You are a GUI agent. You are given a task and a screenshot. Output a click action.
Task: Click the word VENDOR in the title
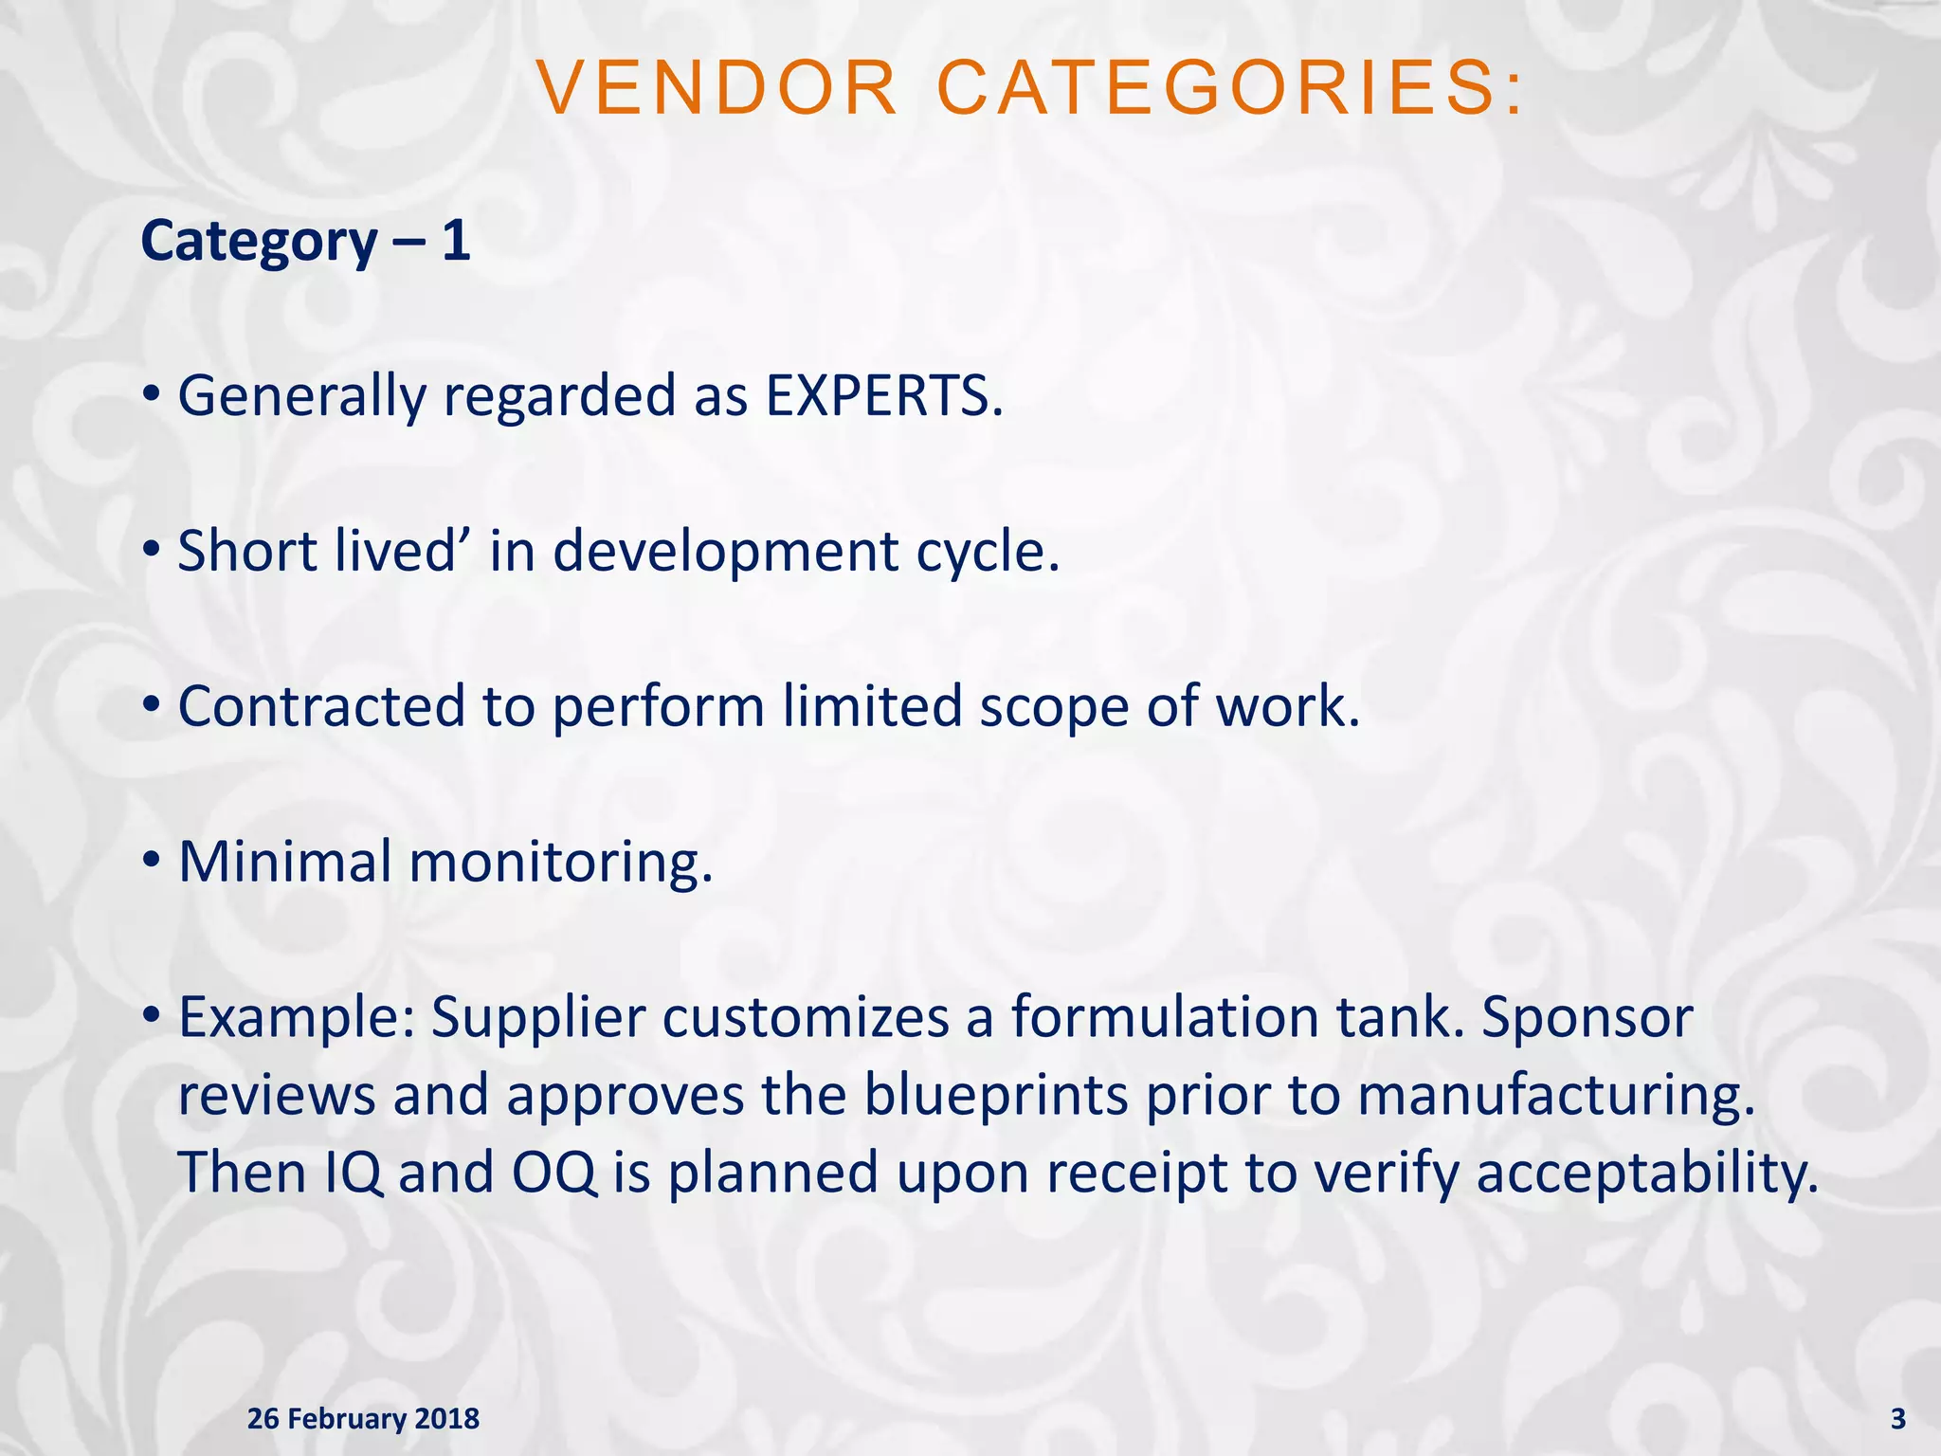click(717, 88)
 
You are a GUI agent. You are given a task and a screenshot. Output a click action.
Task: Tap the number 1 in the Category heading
click(456, 241)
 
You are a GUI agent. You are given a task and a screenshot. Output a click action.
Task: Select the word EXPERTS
click(882, 395)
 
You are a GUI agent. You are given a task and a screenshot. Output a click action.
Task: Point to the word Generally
click(302, 397)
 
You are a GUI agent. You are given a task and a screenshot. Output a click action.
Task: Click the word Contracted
click(320, 706)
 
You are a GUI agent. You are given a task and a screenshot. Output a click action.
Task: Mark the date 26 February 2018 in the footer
click(363, 1419)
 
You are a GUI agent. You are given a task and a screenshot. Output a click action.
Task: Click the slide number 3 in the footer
click(1897, 1419)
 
